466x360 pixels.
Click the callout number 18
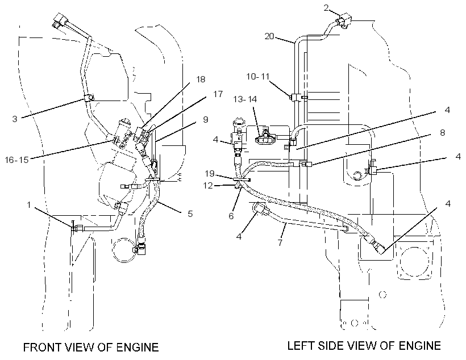click(x=201, y=79)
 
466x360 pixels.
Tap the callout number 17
click(x=218, y=94)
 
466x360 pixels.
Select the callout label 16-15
click(x=17, y=160)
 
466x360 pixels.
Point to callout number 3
click(x=15, y=119)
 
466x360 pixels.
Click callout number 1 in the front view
click(x=29, y=204)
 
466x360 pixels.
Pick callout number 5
click(x=190, y=214)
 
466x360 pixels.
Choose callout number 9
click(x=205, y=119)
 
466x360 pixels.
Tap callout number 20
click(x=269, y=36)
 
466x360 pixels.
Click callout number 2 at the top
click(x=326, y=8)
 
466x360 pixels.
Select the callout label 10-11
click(x=257, y=76)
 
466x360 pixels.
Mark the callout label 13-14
click(x=245, y=99)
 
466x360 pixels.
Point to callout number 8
click(x=442, y=132)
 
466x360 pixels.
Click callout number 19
click(x=210, y=173)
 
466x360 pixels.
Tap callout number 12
click(x=208, y=185)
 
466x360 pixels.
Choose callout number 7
click(x=280, y=242)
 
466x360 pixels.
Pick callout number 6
click(x=231, y=216)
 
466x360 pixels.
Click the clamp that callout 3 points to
click(x=89, y=98)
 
